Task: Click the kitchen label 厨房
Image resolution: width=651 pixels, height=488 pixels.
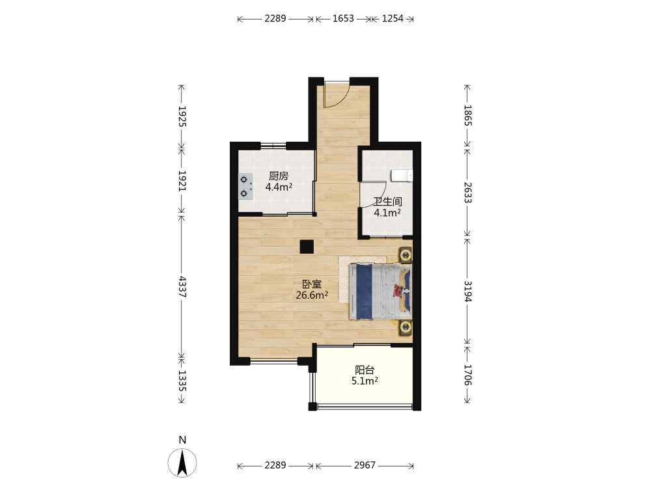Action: [278, 176]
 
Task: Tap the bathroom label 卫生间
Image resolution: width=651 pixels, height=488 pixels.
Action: [387, 202]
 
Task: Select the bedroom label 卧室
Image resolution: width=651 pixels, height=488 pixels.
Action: [312, 284]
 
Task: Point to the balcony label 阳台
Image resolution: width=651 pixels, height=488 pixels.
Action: [365, 370]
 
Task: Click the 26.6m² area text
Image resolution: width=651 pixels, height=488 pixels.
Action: [312, 295]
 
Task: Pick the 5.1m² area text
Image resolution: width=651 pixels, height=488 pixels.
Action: [365, 381]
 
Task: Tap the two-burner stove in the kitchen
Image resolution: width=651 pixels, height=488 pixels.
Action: [245, 186]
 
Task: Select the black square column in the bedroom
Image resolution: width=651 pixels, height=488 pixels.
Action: [307, 247]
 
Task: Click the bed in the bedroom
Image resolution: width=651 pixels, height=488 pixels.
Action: [380, 291]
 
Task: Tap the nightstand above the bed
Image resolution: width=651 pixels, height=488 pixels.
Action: [405, 254]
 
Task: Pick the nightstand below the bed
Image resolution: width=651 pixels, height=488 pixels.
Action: [405, 328]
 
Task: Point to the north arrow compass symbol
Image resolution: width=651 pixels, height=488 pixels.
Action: [182, 462]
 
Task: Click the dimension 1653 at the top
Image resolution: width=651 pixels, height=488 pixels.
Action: [343, 18]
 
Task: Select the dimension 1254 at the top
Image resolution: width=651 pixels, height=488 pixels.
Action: [393, 18]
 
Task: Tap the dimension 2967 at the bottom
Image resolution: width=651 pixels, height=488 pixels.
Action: [365, 465]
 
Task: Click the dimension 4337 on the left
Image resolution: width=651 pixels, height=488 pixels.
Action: [182, 286]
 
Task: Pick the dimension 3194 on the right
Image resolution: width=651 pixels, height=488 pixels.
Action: [467, 291]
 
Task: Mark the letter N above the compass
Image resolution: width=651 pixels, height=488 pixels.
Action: [182, 441]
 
